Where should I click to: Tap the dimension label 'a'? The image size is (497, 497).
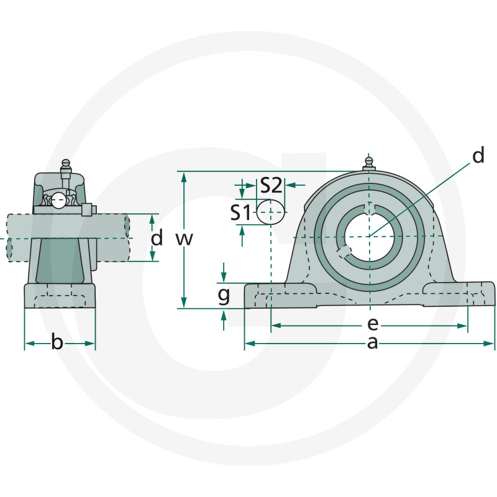(372, 342)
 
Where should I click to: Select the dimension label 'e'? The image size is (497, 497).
(372, 324)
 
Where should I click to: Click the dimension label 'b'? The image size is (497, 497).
(57, 342)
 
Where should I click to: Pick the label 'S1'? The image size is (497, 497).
(241, 213)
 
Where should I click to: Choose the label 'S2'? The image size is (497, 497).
(271, 185)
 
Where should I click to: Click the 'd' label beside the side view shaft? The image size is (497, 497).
(158, 237)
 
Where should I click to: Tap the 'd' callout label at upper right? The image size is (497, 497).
(477, 156)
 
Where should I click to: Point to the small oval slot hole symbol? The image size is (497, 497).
(271, 212)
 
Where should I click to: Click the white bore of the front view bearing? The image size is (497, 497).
(369, 236)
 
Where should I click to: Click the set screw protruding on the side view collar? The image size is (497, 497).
(87, 209)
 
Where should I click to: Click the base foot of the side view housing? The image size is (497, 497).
(60, 296)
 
